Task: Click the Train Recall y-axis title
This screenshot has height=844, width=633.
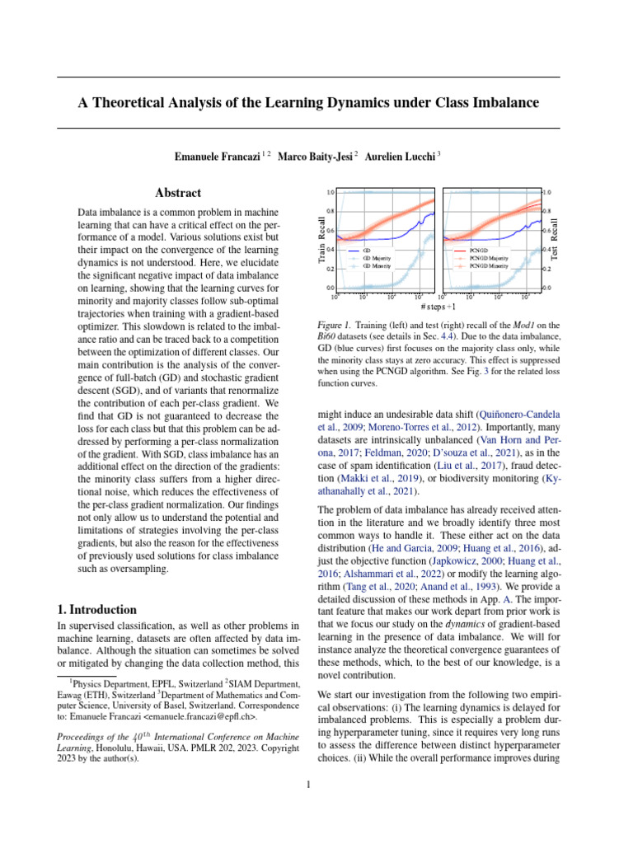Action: (x=321, y=240)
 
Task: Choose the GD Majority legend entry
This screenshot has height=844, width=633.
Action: (x=375, y=258)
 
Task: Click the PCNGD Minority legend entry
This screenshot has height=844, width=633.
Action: (x=488, y=266)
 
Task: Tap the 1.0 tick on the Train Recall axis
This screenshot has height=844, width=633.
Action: (x=330, y=192)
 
